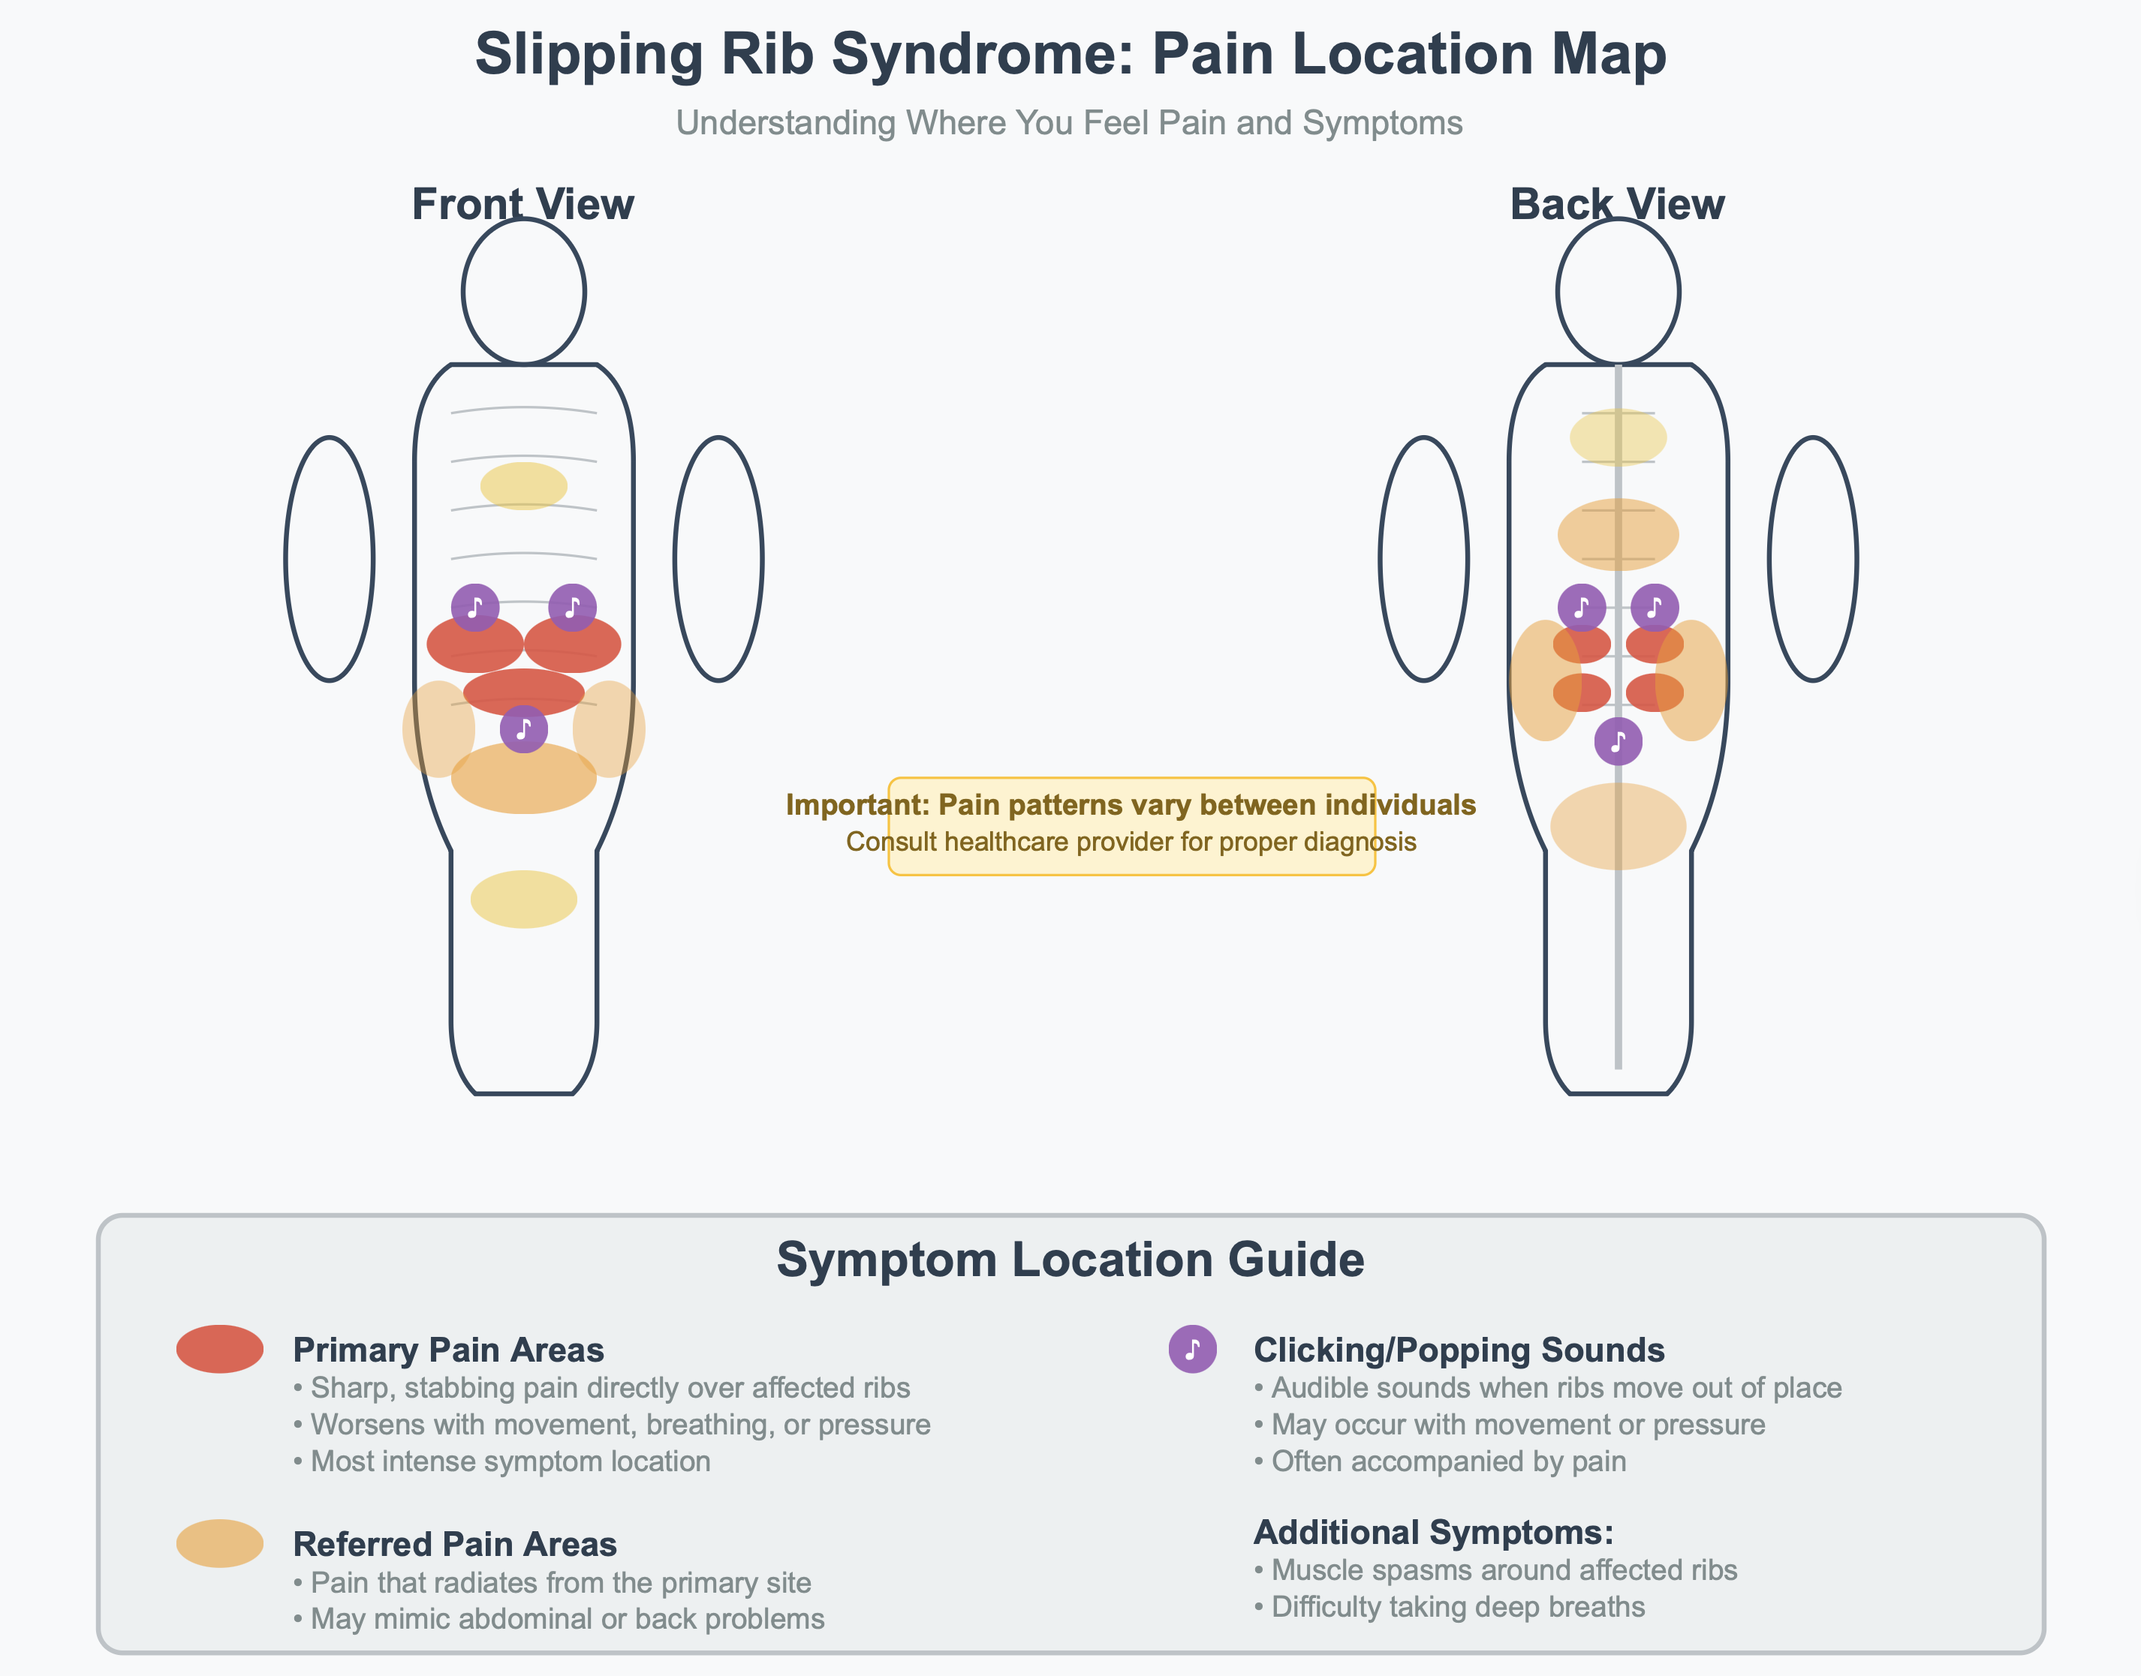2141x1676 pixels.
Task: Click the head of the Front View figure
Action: click(x=523, y=291)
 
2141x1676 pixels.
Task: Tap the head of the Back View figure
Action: click(x=1618, y=291)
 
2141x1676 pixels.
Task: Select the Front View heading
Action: click(x=522, y=204)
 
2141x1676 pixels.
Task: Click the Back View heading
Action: click(x=1617, y=204)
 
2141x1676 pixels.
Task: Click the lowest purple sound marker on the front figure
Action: click(x=523, y=729)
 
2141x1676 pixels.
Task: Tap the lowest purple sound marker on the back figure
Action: click(x=1618, y=741)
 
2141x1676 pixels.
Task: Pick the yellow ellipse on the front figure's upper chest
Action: click(x=523, y=485)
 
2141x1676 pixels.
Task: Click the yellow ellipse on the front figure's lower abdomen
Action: click(x=523, y=899)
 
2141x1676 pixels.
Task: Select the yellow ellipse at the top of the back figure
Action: click(x=1618, y=437)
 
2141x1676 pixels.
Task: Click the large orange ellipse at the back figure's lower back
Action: click(x=1618, y=826)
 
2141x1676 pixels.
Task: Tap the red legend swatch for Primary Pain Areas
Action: click(x=220, y=1348)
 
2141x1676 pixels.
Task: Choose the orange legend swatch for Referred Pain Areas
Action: click(x=220, y=1542)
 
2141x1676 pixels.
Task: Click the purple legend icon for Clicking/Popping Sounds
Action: click(x=1193, y=1348)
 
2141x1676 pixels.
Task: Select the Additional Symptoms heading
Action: click(x=1433, y=1532)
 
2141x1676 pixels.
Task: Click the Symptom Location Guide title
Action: click(x=1070, y=1259)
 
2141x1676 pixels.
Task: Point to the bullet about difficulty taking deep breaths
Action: click(x=1449, y=1607)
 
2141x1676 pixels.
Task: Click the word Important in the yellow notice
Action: click(x=856, y=805)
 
